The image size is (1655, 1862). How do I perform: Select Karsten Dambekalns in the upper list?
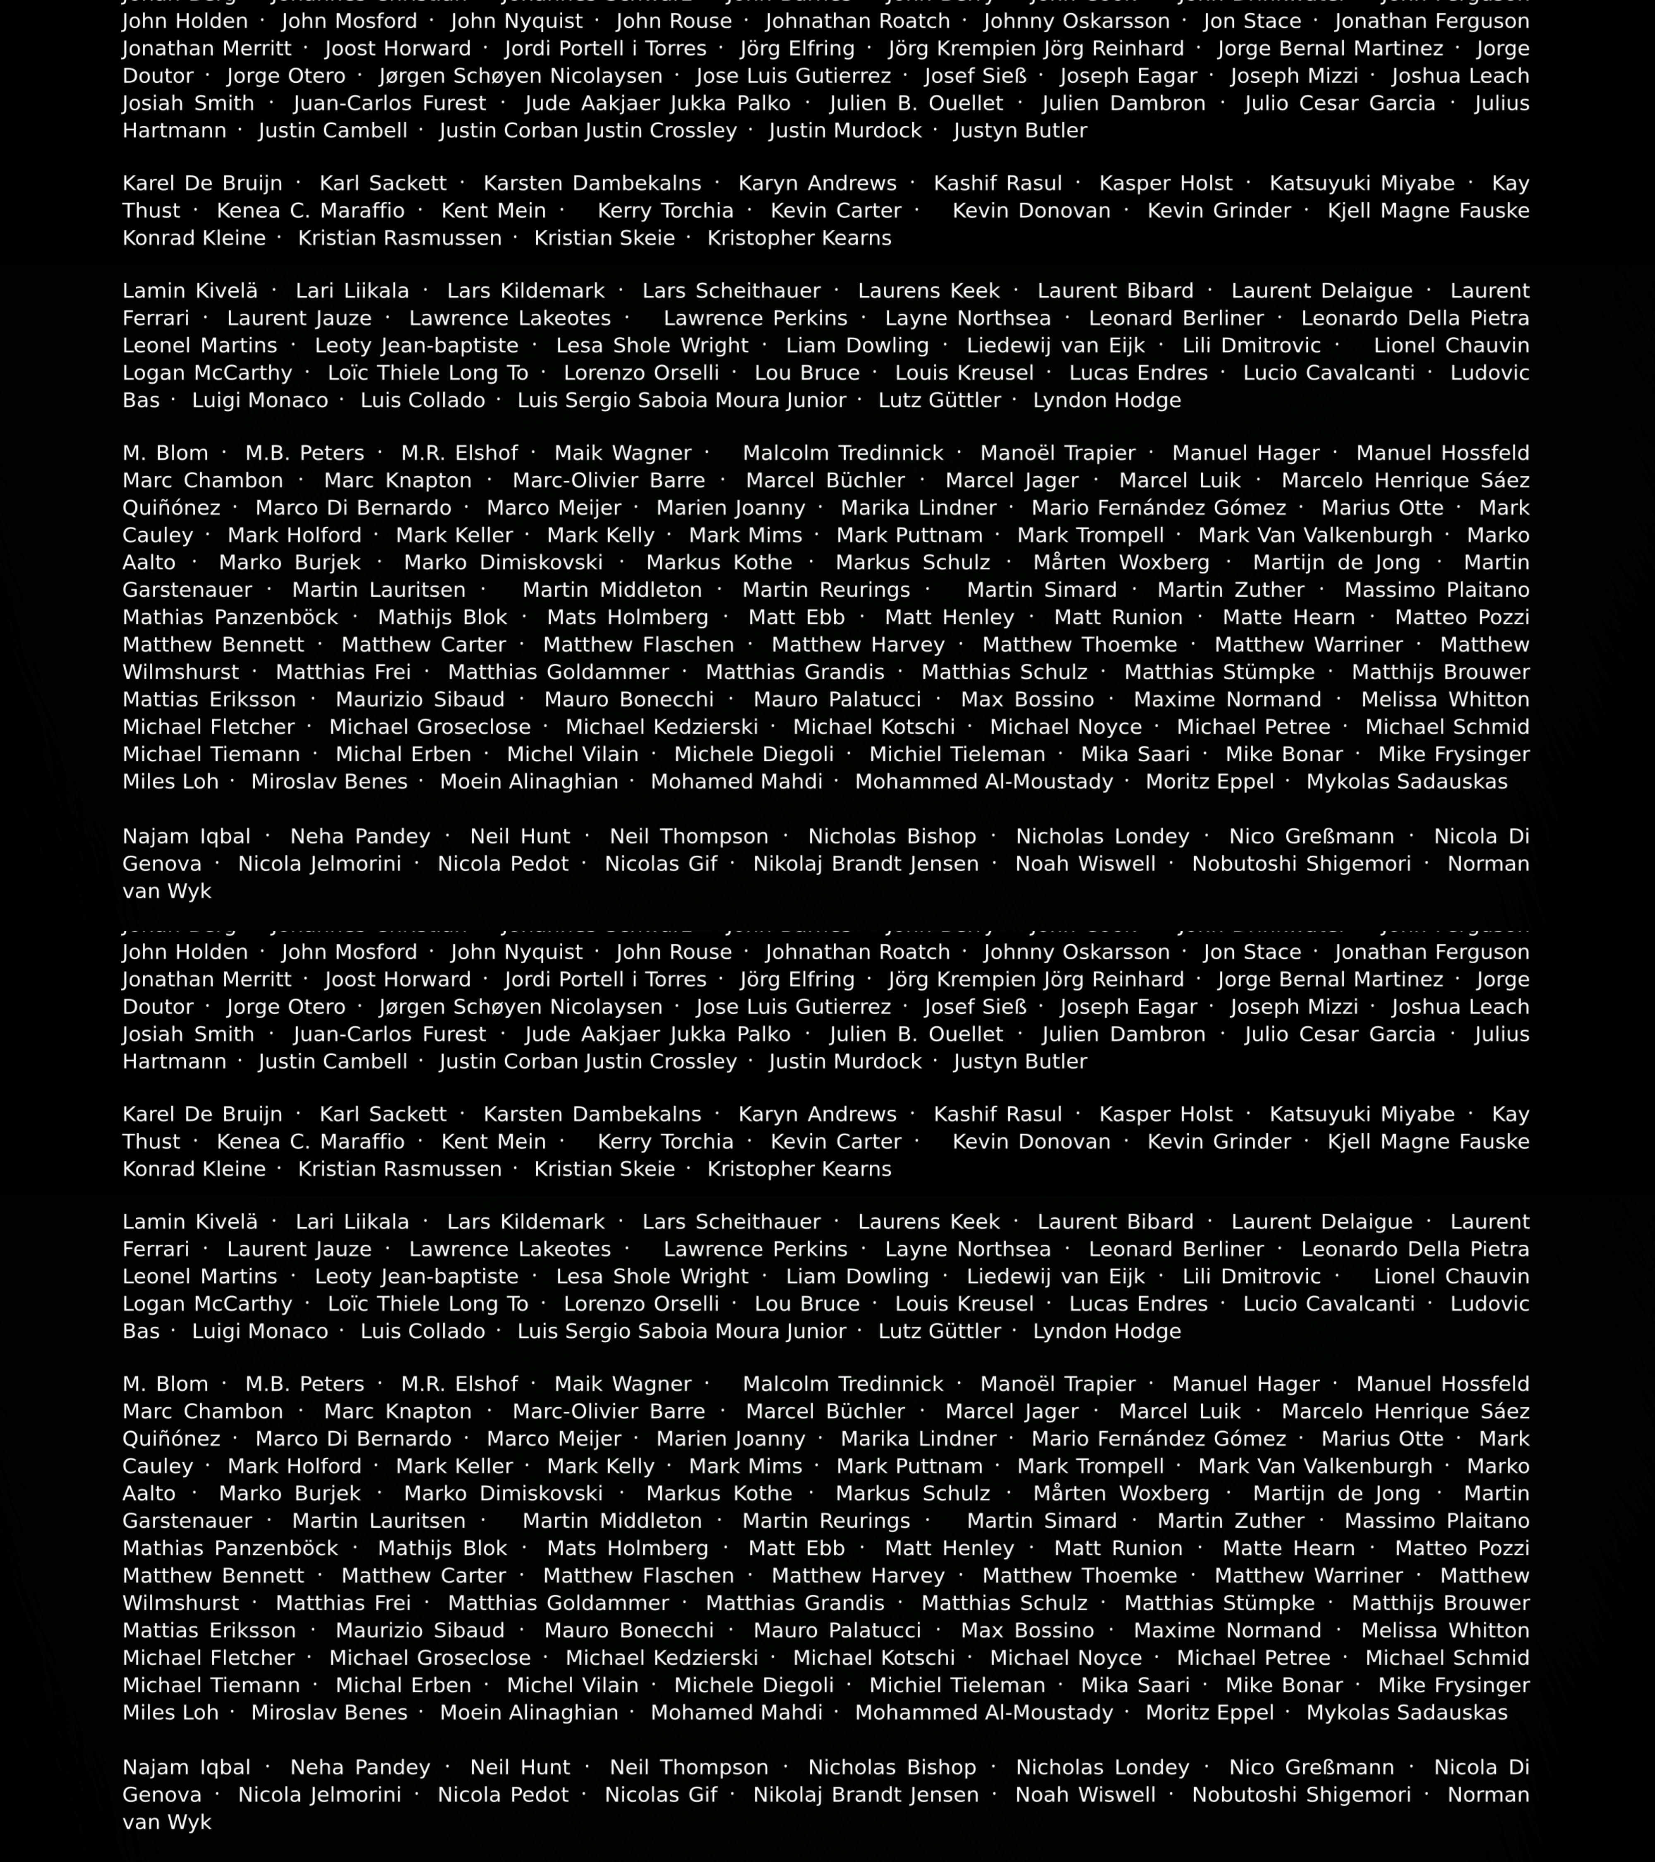coord(592,184)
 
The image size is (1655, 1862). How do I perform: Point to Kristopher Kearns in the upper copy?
coord(799,239)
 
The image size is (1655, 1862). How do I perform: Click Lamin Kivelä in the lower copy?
coord(189,1223)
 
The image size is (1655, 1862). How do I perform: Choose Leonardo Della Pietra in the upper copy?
coord(1415,319)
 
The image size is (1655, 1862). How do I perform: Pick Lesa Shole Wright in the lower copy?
coord(652,1277)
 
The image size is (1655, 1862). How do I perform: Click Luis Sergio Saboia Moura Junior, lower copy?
coord(681,1332)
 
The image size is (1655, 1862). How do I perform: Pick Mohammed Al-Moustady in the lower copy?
coord(984,1713)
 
